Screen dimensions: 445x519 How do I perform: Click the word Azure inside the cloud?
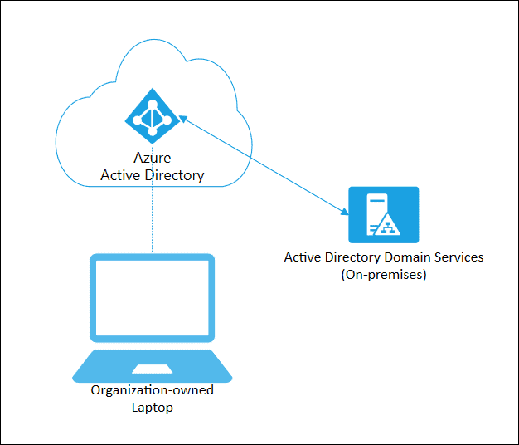152,158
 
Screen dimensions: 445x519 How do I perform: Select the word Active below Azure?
122,175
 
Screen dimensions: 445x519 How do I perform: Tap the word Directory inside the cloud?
174,175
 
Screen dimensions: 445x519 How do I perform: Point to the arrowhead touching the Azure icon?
183,121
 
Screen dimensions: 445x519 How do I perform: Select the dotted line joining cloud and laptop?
153,220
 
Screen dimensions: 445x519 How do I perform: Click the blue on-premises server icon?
383,214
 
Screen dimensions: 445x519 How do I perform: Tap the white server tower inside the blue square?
376,213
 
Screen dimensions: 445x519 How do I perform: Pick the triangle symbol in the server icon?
391,224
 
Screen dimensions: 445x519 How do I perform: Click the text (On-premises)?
383,275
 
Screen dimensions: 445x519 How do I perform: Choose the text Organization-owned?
153,390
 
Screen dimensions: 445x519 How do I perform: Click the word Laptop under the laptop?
153,408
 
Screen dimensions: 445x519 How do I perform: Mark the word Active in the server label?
303,257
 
